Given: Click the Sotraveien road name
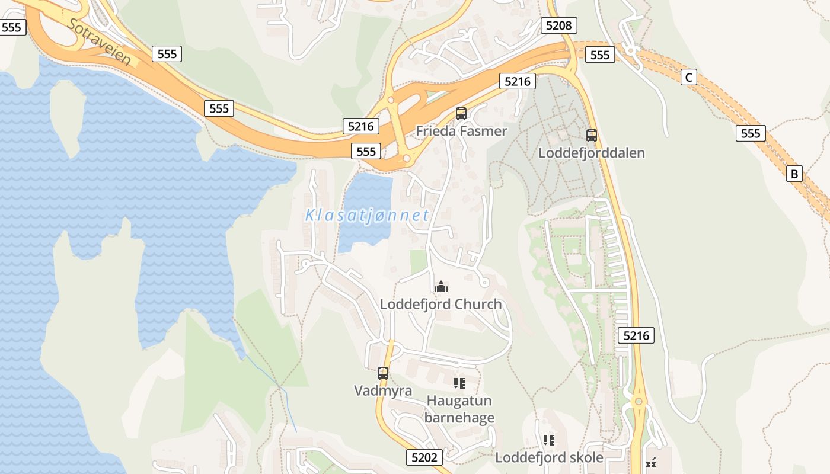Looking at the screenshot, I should tap(99, 41).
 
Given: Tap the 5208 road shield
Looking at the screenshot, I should tap(558, 25).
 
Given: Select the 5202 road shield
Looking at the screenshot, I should tap(424, 457).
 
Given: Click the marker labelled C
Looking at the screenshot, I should tap(688, 77).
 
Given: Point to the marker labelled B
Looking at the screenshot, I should tap(794, 174).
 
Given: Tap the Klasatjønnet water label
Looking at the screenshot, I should tap(367, 216).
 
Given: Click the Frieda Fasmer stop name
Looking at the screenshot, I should tap(461, 131).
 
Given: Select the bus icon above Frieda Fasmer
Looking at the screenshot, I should tap(461, 114).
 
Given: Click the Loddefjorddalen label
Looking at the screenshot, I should tap(591, 153).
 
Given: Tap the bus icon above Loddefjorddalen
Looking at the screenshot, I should tap(591, 136).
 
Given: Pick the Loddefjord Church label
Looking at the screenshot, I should tap(440, 305).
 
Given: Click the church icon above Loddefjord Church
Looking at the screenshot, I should tap(440, 287).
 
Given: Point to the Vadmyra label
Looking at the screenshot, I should tap(383, 390).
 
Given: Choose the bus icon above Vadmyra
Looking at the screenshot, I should tap(383, 373).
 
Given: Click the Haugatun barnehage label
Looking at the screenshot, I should tap(459, 409).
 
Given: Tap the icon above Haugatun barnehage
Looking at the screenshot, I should tap(459, 383).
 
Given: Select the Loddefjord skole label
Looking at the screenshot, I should tap(549, 457).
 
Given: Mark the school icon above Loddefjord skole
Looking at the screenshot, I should tap(548, 440).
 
